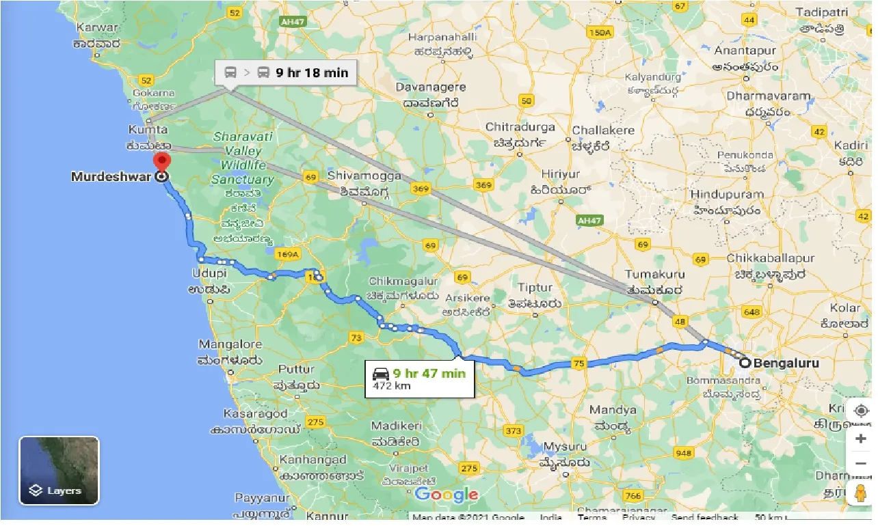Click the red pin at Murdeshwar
coord(162,163)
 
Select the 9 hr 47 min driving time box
coord(419,378)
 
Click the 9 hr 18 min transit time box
coord(285,72)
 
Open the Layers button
coord(59,470)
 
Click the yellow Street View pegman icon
coord(860,491)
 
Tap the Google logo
coord(446,495)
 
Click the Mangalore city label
coord(230,344)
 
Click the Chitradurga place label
coord(521,127)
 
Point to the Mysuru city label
coord(566,446)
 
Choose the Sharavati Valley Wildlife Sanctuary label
coord(243,158)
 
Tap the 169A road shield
coord(287,255)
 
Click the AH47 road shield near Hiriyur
coord(587,221)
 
